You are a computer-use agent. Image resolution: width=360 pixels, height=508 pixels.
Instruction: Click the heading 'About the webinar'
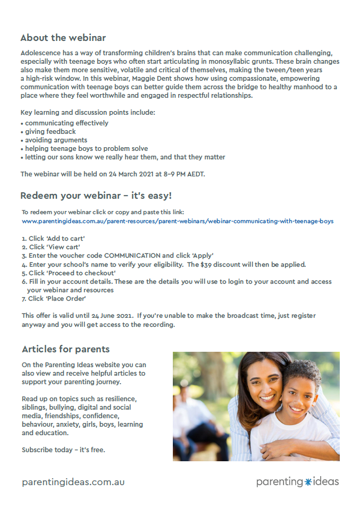click(x=63, y=38)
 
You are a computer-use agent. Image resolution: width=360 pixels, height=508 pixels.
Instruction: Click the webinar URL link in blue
click(x=178, y=221)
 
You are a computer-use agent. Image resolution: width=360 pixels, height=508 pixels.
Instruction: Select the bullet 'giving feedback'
click(x=51, y=131)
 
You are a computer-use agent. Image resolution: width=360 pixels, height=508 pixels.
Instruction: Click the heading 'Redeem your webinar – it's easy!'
click(x=96, y=196)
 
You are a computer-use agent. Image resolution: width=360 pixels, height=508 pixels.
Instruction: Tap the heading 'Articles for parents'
click(x=65, y=349)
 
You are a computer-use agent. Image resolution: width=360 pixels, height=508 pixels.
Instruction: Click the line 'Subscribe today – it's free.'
click(x=63, y=450)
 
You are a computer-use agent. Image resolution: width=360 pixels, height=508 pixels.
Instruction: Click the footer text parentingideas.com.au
click(x=73, y=482)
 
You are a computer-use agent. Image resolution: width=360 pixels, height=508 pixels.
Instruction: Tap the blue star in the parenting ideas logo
click(x=308, y=482)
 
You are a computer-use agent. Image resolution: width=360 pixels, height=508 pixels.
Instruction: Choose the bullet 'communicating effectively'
click(x=66, y=123)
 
